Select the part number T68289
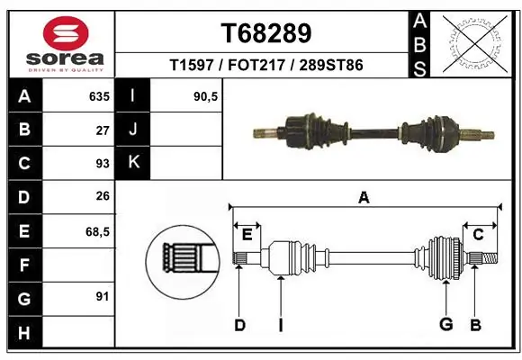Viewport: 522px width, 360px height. (266, 33)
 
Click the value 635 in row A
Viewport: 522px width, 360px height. (98, 96)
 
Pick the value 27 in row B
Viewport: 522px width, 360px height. (102, 130)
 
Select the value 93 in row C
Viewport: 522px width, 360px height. (102, 164)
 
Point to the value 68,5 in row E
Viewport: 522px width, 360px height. (97, 231)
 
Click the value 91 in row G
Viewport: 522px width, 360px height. (102, 296)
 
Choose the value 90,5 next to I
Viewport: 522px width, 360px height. (206, 96)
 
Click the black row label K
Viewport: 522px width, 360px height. (133, 163)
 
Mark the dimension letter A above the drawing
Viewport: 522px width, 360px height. (364, 197)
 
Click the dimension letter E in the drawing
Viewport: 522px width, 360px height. (247, 235)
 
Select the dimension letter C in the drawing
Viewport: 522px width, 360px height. (479, 235)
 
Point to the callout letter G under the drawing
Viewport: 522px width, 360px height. (445, 325)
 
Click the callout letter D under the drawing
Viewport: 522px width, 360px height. (239, 325)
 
